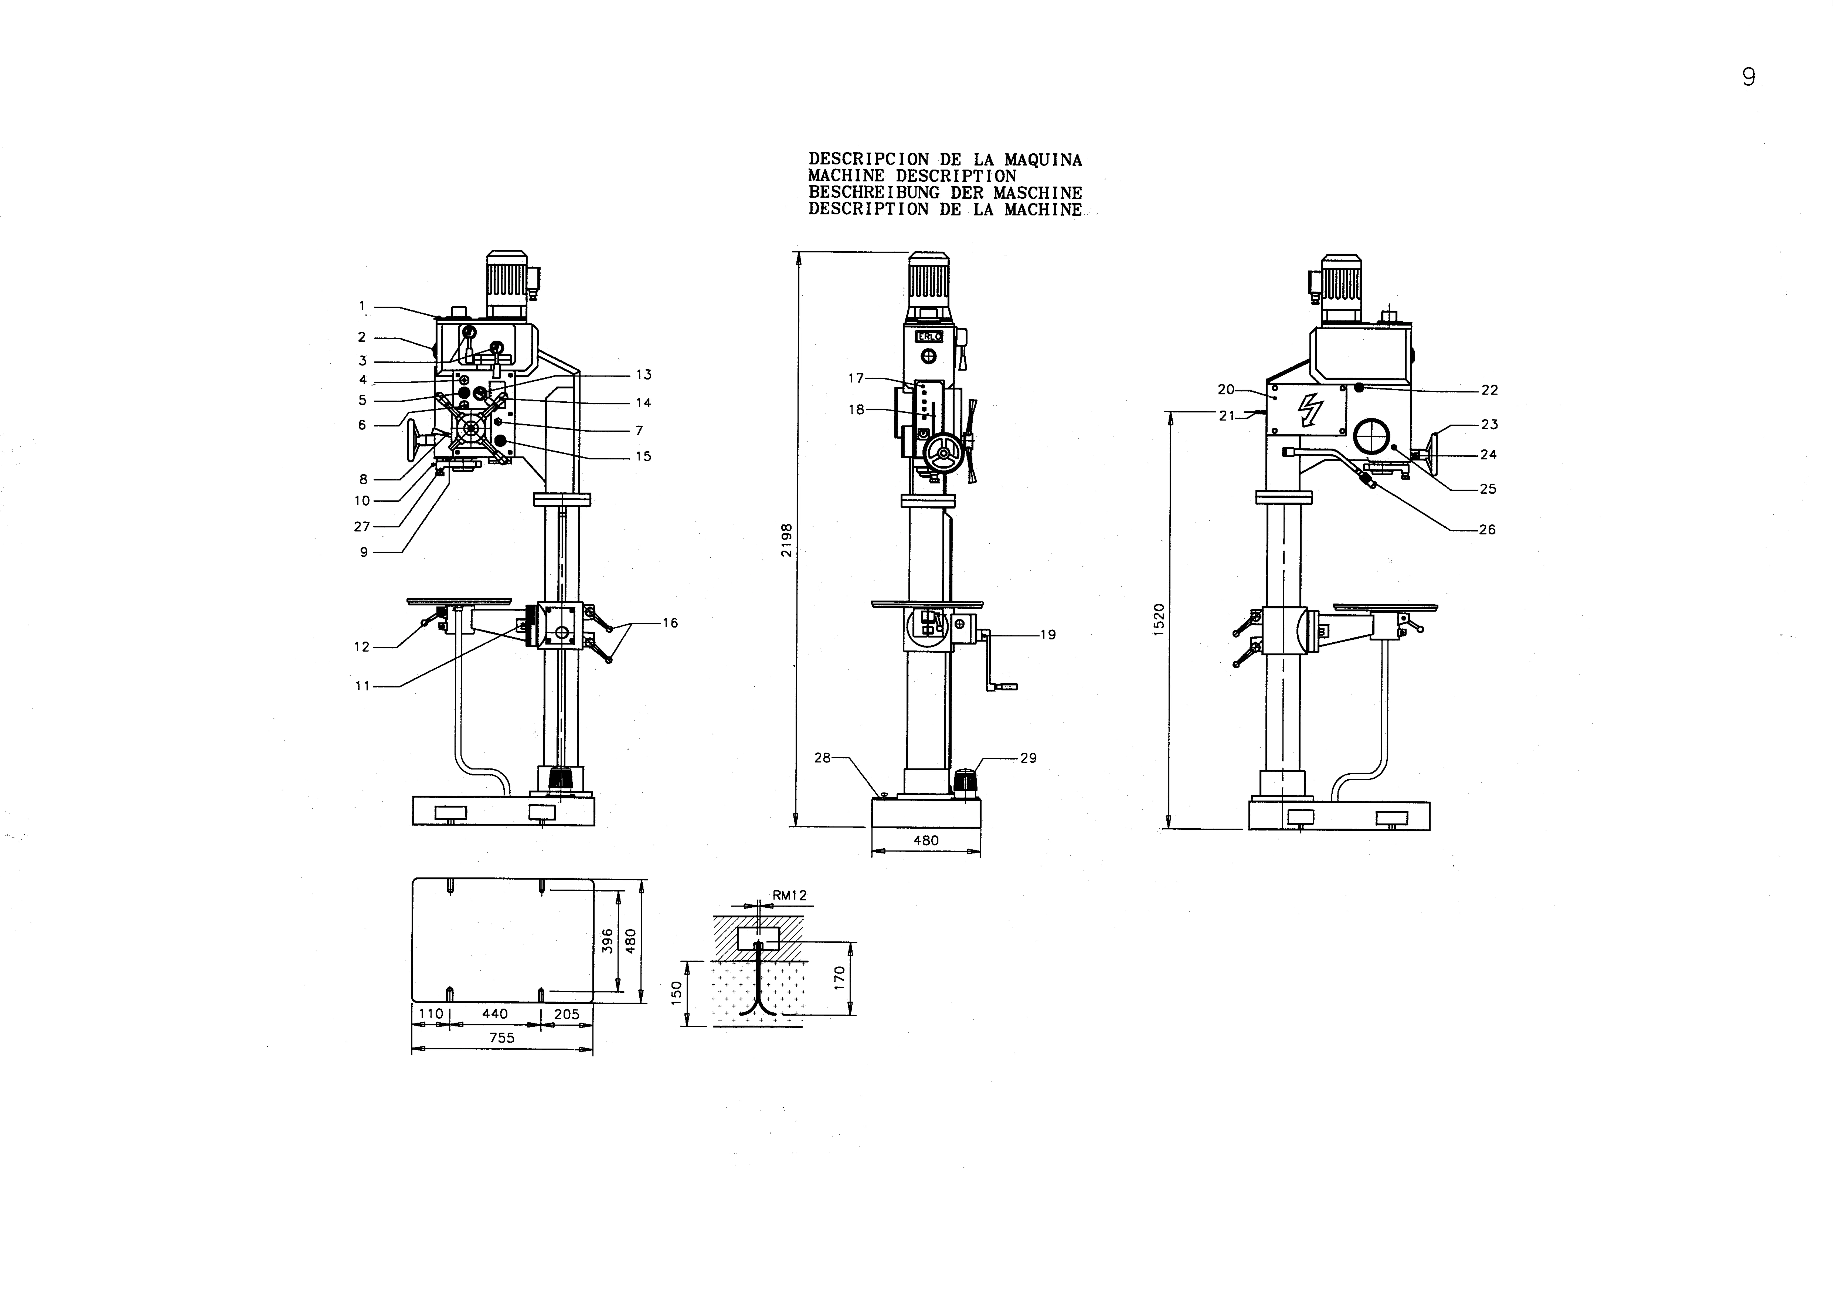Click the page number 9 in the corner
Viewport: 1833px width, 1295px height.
(x=1748, y=77)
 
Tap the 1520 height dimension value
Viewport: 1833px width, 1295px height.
(x=1159, y=620)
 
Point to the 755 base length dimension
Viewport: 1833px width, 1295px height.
(x=501, y=1038)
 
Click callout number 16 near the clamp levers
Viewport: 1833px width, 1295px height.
(x=670, y=623)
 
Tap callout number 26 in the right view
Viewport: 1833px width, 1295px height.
(x=1487, y=529)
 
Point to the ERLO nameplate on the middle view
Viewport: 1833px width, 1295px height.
(x=929, y=337)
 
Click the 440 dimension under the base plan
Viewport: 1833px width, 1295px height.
(x=495, y=1013)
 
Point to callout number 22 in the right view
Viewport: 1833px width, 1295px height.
(x=1489, y=390)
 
